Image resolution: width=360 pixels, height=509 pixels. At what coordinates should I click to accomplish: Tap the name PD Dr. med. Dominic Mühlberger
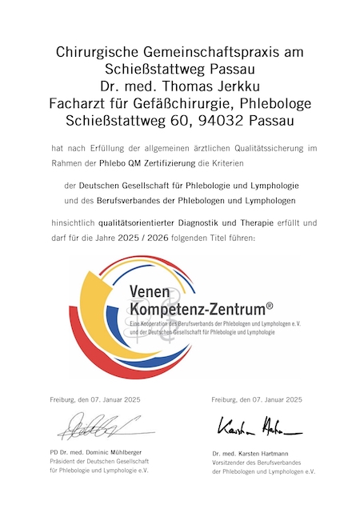[95, 453]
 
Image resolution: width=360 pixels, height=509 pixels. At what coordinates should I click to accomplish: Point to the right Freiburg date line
[257, 399]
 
